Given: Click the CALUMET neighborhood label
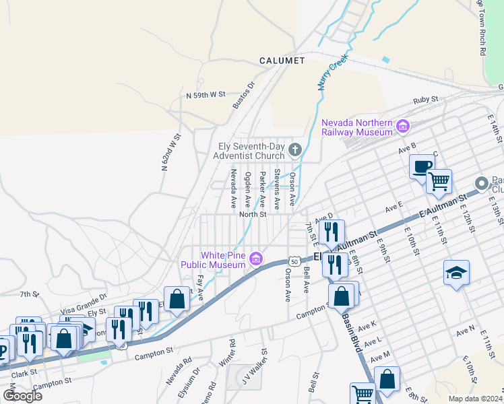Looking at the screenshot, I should tap(282, 61).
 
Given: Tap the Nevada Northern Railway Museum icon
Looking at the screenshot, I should tap(403, 126).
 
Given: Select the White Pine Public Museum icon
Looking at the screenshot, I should tap(255, 259).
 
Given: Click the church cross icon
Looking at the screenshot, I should tap(294, 149).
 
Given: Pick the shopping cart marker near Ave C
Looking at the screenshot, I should tap(439, 180).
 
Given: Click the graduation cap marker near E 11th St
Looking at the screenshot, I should tap(456, 273).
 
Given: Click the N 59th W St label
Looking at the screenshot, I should tap(206, 96).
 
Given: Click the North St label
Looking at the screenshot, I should tap(253, 215).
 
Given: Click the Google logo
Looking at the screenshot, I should tap(23, 395).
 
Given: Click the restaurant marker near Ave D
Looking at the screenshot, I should tap(332, 232).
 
